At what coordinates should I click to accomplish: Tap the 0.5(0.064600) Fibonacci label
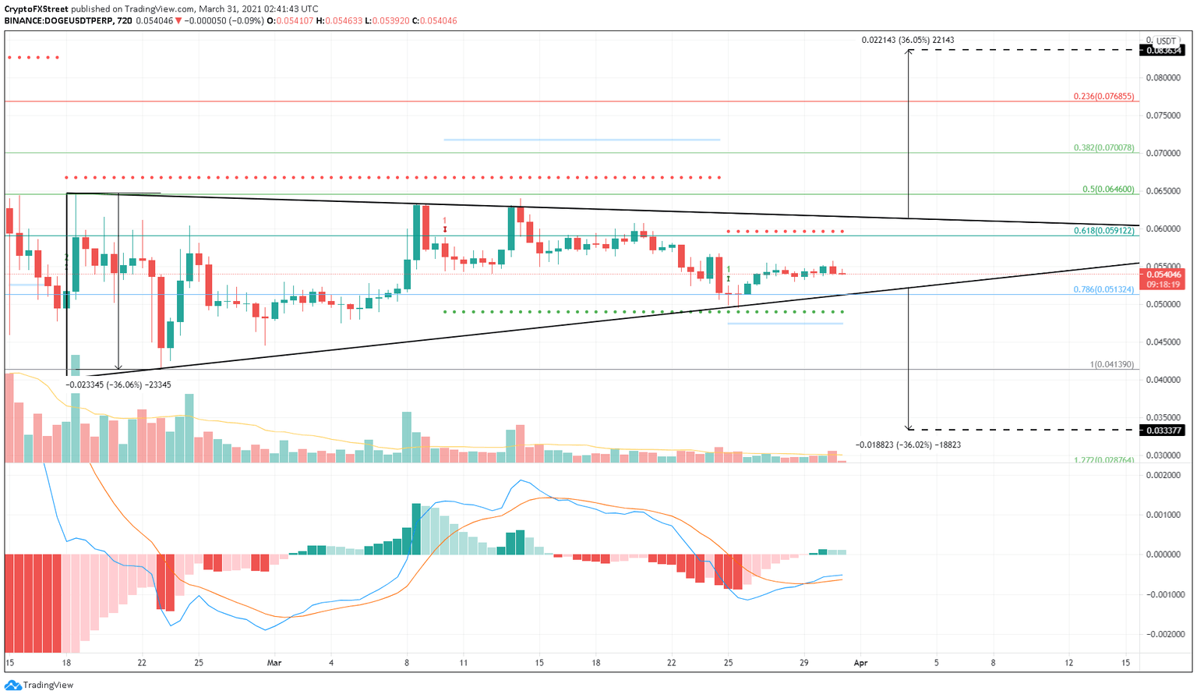pos(1109,190)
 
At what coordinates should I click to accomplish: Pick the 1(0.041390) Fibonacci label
pos(1112,364)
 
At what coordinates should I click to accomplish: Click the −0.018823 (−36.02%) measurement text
pos(908,445)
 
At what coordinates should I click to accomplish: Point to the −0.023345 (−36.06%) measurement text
pos(118,384)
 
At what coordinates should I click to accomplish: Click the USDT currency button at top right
pos(1165,41)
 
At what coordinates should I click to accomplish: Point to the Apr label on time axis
pos(860,663)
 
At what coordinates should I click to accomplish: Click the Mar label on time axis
pos(274,663)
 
